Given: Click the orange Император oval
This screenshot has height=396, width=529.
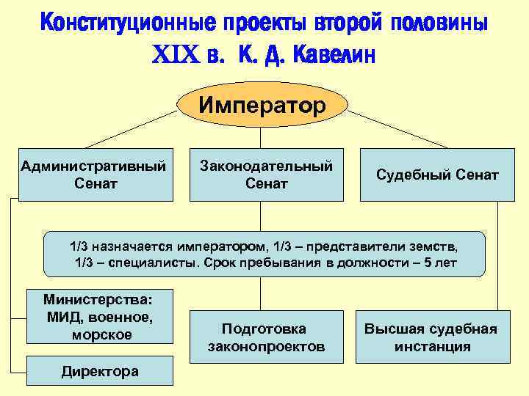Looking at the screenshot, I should [262, 106].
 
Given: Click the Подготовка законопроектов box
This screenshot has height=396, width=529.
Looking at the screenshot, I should [266, 337].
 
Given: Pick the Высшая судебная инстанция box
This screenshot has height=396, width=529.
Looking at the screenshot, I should [431, 337].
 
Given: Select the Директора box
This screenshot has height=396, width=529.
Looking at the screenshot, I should [100, 371].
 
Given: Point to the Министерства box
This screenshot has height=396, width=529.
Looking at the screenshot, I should [98, 317].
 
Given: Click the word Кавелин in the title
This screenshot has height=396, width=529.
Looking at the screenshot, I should [334, 54].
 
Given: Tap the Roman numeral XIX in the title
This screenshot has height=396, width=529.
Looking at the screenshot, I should [175, 55].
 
